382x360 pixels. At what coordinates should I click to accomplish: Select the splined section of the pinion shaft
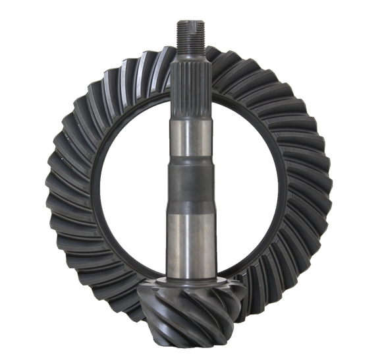click(x=191, y=86)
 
